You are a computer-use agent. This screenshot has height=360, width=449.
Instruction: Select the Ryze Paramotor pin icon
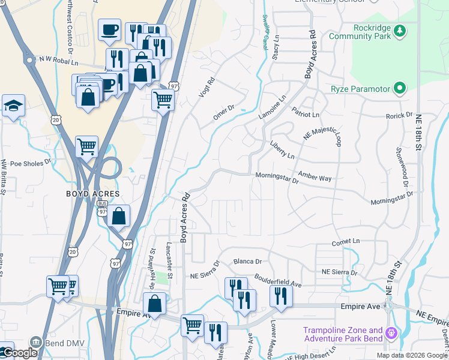coord(399,89)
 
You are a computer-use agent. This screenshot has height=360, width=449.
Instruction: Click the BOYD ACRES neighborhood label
coord(93,194)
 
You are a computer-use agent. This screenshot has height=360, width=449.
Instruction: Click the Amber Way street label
coord(315,178)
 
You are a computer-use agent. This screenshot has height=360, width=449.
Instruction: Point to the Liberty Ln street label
coord(283,150)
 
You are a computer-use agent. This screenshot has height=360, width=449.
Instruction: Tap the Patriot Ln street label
coord(306,114)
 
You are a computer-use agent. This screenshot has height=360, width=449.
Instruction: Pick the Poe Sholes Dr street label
coord(31,163)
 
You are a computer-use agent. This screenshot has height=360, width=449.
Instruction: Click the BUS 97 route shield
coord(102,208)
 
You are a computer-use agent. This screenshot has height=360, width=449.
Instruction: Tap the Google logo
coord(19,353)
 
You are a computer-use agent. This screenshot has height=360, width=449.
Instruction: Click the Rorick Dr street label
coord(400,114)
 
